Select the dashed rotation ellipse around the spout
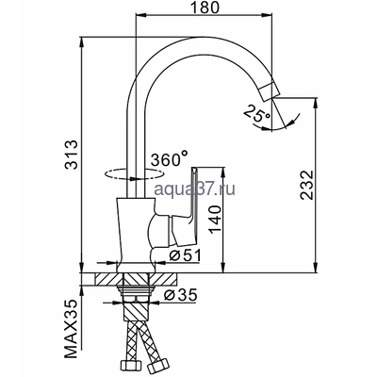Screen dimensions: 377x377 pyautogui.click(x=127, y=174)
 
